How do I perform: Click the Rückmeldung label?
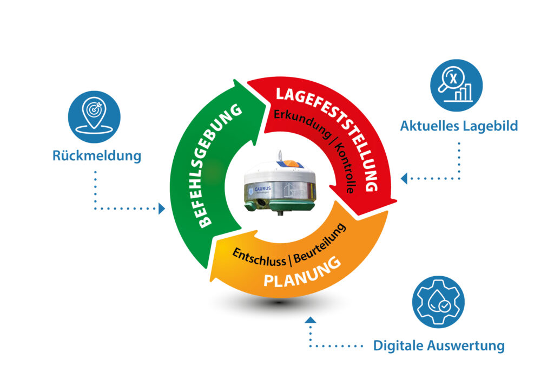[x=97, y=156]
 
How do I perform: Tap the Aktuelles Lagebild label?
[x=459, y=126]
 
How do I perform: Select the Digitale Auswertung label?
[x=439, y=345]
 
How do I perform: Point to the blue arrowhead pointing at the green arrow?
[x=161, y=208]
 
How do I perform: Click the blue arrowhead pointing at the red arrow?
[x=404, y=178]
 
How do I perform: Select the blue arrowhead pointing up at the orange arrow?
[x=310, y=320]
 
